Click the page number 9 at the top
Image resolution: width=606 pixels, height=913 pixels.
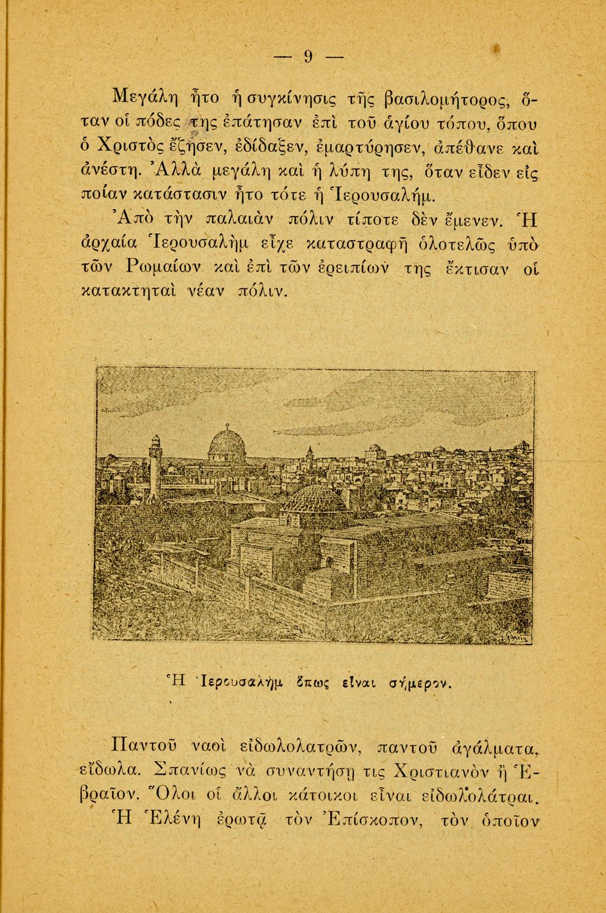coord(308,57)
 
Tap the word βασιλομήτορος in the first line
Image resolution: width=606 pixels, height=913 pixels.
coord(453,97)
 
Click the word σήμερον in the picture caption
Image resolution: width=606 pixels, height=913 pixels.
coord(420,682)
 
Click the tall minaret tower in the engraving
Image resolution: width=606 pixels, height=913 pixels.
coord(156,466)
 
